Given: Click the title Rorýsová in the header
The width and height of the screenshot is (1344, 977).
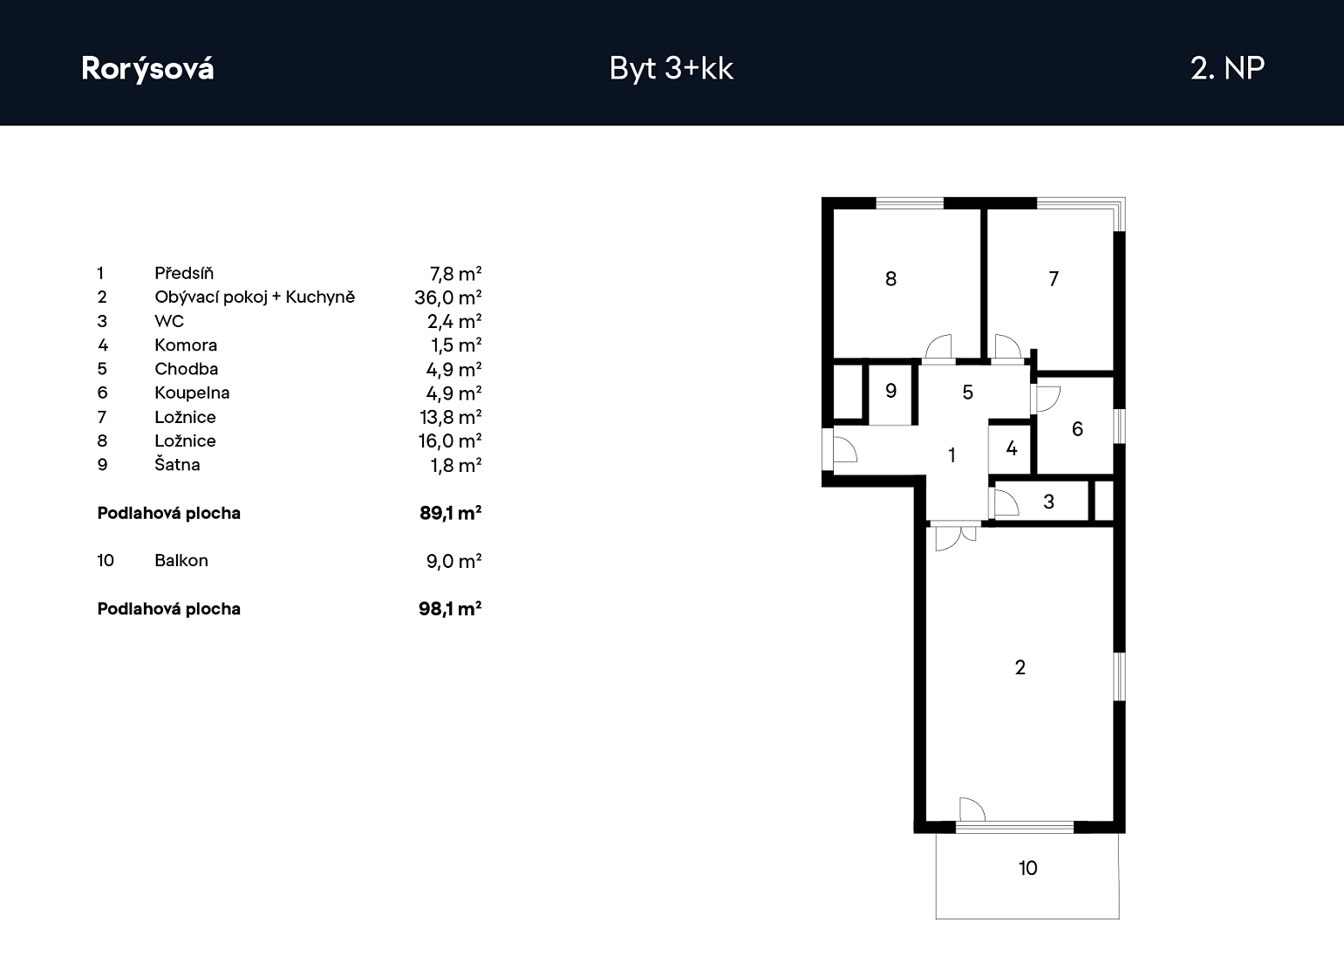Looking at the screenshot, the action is (147, 68).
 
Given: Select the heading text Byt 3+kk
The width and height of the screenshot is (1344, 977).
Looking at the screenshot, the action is (671, 68).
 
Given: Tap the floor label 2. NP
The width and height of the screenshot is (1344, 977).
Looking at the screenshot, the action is (1228, 68).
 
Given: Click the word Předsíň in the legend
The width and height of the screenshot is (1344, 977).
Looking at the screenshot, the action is (184, 274).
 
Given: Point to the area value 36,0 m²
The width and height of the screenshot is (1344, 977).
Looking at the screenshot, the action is (448, 297).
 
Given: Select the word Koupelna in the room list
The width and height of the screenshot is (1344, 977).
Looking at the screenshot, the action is (192, 393).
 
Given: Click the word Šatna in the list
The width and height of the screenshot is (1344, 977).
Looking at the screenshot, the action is (177, 464).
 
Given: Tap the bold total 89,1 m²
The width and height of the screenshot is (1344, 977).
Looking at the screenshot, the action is (451, 513).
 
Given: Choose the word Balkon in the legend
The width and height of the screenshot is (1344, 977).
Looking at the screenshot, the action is (181, 561).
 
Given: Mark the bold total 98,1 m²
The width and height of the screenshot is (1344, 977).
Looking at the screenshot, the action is (450, 609).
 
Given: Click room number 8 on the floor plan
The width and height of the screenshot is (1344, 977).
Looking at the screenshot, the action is (891, 279).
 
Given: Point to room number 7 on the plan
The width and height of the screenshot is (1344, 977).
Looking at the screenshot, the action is (1054, 279).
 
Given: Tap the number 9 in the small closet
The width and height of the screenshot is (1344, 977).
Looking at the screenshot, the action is (891, 392).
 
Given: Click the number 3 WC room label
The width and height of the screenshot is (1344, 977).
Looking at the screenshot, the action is (1049, 502).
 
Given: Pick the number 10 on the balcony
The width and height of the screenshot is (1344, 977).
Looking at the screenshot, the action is (1027, 868).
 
